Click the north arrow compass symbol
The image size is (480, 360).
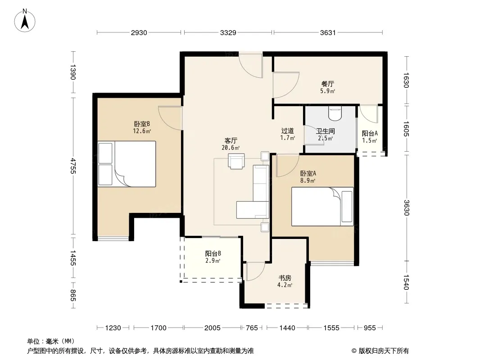click(25, 21)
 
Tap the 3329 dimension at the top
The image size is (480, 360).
click(228, 33)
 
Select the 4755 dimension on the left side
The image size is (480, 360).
click(73, 166)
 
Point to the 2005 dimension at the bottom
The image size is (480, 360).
click(212, 328)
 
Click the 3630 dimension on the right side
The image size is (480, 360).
click(406, 208)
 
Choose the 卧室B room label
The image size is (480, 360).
click(142, 124)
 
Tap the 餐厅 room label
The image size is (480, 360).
click(327, 84)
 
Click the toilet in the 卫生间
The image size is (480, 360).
click(335, 113)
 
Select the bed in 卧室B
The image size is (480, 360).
click(127, 164)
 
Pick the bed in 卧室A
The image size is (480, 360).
click(322, 207)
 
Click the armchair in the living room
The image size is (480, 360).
click(236, 161)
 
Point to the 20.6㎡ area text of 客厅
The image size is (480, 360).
click(231, 148)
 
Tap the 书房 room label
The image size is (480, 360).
click(285, 278)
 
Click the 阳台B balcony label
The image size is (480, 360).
click(213, 253)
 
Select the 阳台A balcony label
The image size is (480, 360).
click(370, 133)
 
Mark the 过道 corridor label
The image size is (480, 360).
click(287, 131)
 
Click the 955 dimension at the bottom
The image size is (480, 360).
click(370, 328)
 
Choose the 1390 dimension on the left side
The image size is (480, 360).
click(73, 72)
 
